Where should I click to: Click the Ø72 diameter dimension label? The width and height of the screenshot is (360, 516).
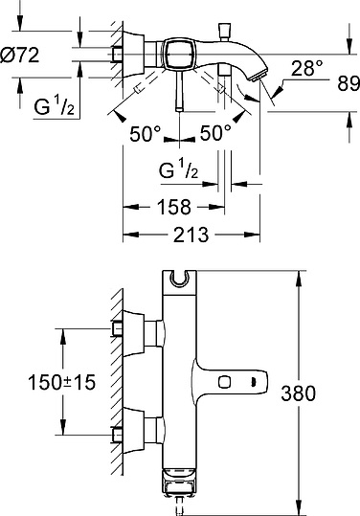pos(20,56)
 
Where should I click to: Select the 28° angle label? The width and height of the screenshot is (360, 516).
pos(307,68)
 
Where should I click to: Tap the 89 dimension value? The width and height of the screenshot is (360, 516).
pos(349,83)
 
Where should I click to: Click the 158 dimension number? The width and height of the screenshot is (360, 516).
pos(174,207)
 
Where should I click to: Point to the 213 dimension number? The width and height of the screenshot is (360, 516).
pos(191,235)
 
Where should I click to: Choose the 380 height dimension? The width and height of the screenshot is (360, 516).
pos(298,393)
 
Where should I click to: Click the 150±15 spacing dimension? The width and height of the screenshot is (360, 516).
pos(62,382)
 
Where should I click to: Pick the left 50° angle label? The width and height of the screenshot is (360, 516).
pos(145,134)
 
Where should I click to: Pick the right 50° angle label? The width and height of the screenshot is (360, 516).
pos(215,133)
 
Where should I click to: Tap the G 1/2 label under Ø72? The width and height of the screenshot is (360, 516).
pos(55,106)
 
